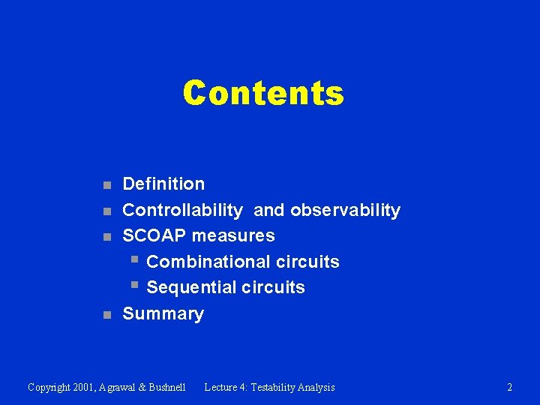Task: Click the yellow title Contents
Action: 263,94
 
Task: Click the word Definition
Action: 163,184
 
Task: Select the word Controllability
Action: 182,210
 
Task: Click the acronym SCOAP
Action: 154,235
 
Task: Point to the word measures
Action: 233,235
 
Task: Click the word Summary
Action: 163,313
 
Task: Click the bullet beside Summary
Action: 107,315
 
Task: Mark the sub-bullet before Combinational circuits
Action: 133,260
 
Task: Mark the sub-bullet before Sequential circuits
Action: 133,286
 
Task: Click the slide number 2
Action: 510,388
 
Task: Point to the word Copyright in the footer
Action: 50,388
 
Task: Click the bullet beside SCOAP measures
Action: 107,237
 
